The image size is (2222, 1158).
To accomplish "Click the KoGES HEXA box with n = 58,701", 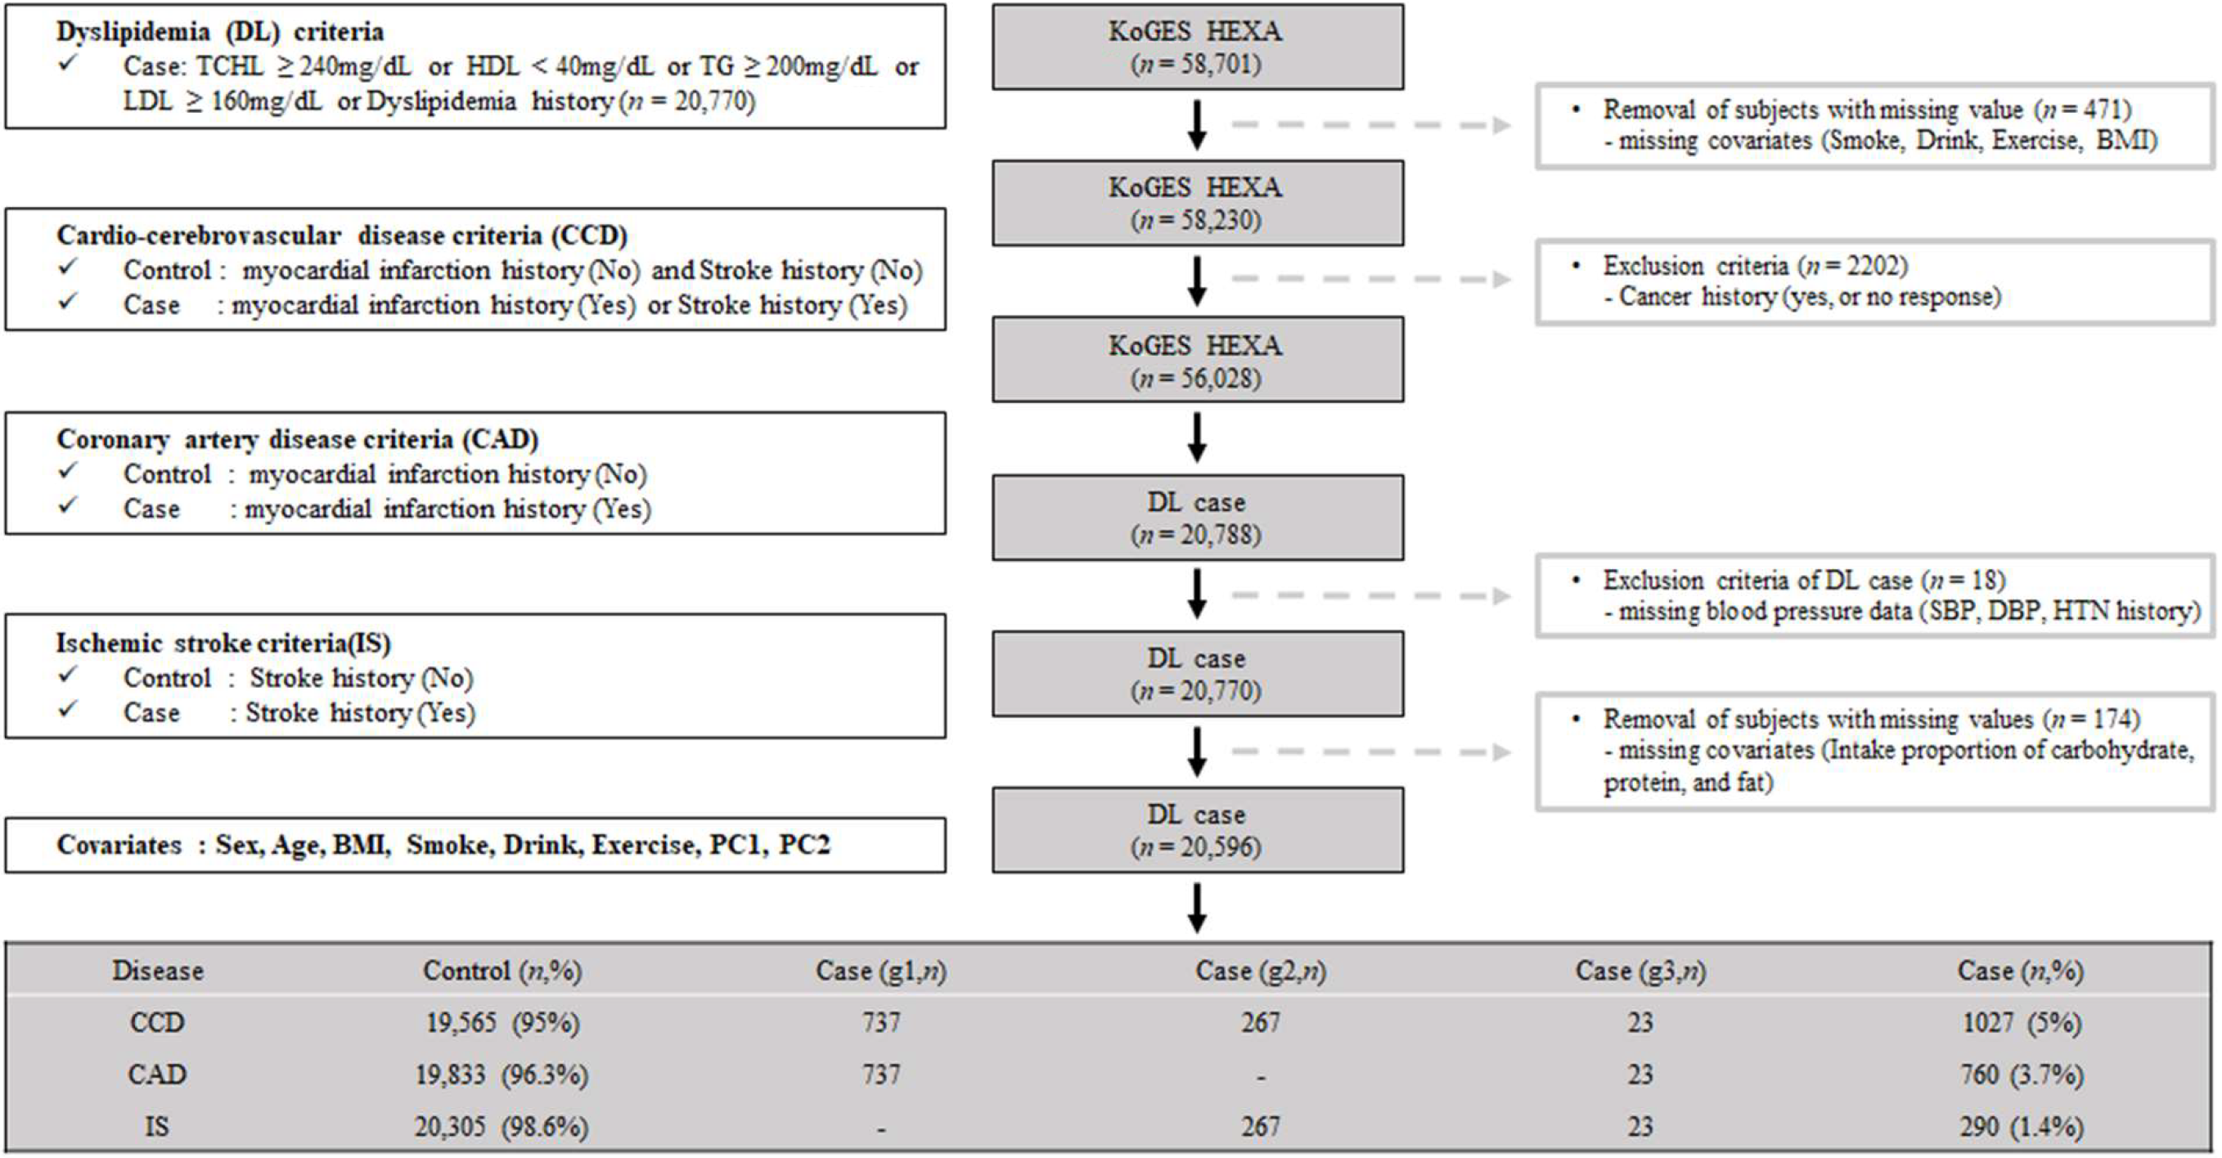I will click(x=1196, y=47).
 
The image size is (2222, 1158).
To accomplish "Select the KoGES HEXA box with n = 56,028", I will click(x=1196, y=361).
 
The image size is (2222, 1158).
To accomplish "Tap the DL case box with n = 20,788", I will click(x=1196, y=518).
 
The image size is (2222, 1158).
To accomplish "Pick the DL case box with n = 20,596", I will click(x=1196, y=829).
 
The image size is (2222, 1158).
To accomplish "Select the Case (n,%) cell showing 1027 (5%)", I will click(x=2021, y=1022).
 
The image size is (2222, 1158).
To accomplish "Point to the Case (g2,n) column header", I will click(x=1260, y=971).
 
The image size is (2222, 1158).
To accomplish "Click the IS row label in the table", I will click(x=156, y=1126).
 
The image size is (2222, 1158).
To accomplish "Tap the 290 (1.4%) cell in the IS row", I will click(x=2021, y=1126).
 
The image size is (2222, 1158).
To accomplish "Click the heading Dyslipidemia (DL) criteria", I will click(x=220, y=32).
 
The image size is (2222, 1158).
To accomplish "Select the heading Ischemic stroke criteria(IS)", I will click(x=223, y=644).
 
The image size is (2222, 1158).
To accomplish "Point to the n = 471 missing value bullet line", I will click(x=1866, y=110).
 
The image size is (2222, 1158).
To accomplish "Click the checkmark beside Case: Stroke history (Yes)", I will click(x=68, y=711).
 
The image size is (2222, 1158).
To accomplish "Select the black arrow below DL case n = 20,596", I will click(x=1196, y=907).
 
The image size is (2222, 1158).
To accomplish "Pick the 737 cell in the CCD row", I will click(x=880, y=1022).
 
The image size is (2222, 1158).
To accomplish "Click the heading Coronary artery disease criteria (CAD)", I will click(x=298, y=440).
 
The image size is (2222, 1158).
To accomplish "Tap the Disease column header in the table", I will click(x=158, y=971).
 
